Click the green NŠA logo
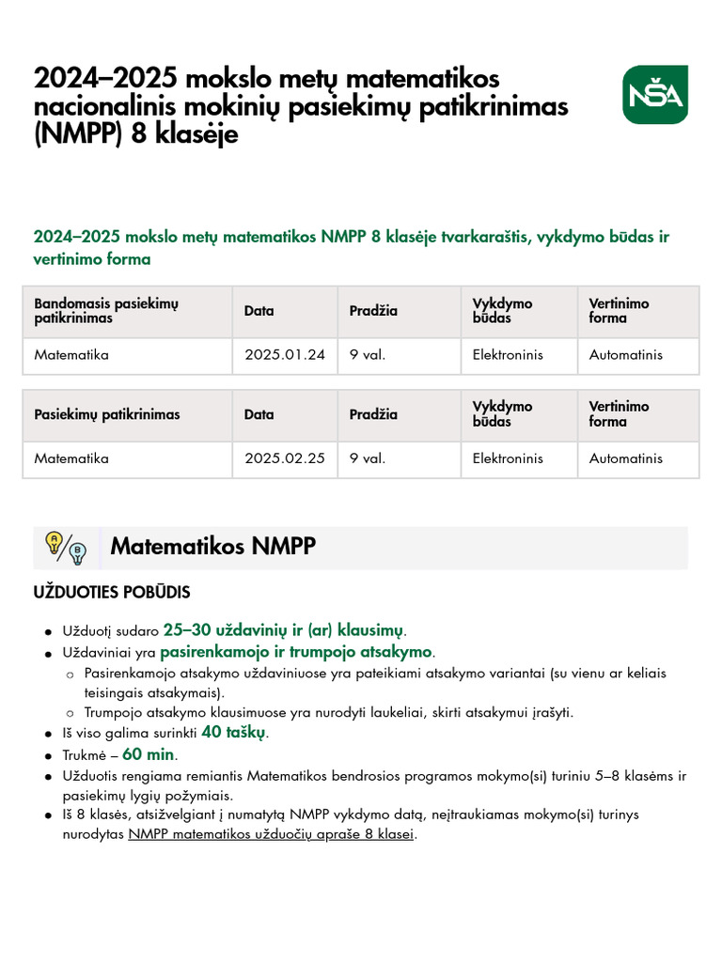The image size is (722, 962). point(654,95)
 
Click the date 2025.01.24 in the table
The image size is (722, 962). point(285,355)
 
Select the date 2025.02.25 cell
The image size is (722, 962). point(285,458)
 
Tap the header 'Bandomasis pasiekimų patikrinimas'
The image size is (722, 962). point(106,311)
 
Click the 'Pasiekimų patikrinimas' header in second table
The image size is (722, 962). point(107,414)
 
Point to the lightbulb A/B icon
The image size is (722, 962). point(66,547)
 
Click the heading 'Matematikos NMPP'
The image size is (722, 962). point(212,547)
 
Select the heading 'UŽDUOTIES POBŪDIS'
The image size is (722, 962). point(112,593)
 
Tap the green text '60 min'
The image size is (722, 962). point(149,755)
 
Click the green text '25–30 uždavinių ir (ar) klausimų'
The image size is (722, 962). point(284,630)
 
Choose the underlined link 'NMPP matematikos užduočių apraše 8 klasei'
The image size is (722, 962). point(271,834)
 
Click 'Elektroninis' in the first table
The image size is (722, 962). point(508,355)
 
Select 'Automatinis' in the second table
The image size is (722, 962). point(625,458)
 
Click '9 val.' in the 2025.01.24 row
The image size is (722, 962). point(368,355)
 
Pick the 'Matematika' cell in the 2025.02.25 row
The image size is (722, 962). point(71,458)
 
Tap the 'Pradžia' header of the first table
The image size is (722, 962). point(373,311)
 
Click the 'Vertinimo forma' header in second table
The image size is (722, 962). point(620,414)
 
